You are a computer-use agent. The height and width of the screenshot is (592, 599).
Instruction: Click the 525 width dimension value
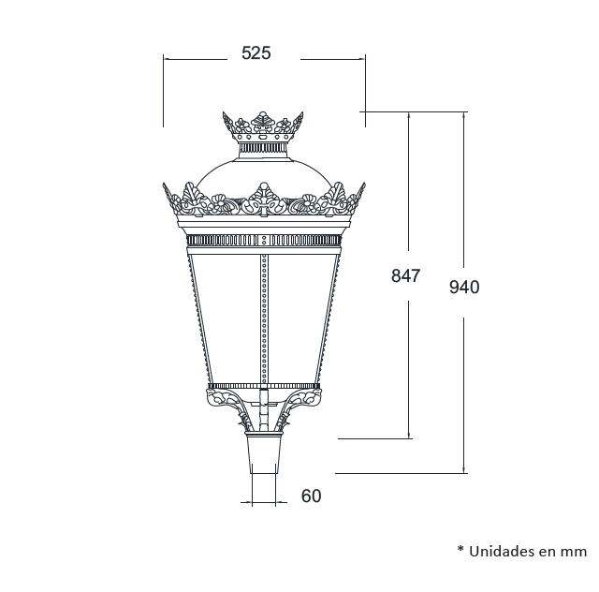coord(256,53)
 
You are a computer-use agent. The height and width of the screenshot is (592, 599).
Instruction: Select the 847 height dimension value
coord(405,275)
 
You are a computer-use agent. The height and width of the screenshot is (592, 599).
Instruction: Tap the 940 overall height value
coord(464,288)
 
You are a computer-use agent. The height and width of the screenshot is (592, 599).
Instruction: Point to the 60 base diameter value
coord(312,496)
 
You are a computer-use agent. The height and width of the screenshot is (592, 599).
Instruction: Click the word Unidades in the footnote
coord(501,551)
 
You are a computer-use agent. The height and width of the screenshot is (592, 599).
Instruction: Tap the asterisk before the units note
coord(460,549)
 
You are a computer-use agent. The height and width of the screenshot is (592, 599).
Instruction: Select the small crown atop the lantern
coord(263,126)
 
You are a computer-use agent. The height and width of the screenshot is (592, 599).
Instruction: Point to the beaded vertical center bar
coord(264,318)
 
